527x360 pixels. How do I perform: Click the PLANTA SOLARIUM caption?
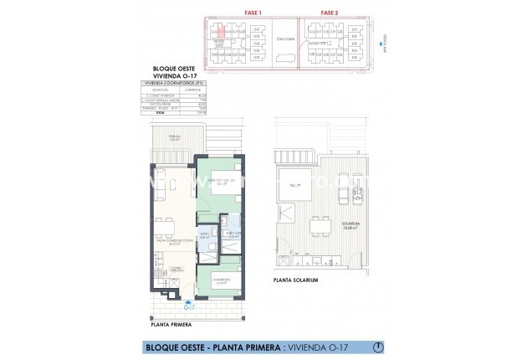point(294,280)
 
